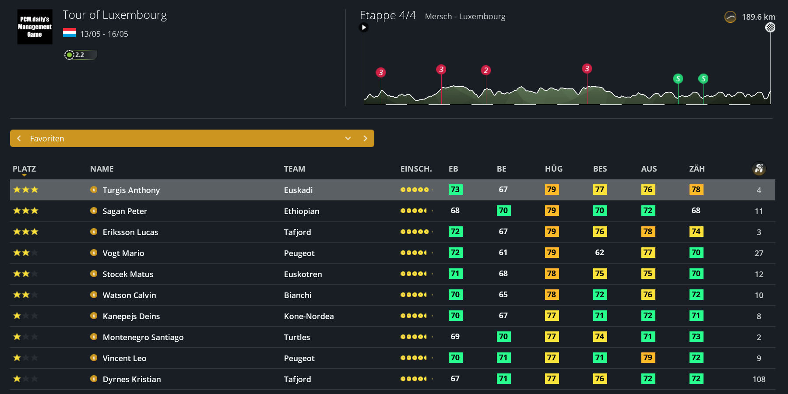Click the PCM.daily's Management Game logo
pos(35,27)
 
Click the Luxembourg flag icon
pos(69,33)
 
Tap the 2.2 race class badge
pos(80,55)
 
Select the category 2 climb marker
pos(485,70)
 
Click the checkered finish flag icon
pos(770,28)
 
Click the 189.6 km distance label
pos(758,17)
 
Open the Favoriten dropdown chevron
pos(348,138)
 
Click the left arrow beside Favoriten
pos(19,138)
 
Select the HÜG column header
pos(553,169)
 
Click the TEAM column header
pos(294,169)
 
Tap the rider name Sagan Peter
pos(125,211)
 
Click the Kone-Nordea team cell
pos(309,316)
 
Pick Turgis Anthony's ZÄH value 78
pos(696,190)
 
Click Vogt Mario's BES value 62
pos(599,253)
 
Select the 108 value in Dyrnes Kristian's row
pos(759,379)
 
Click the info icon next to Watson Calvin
pos(94,295)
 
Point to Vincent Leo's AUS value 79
pos(647,358)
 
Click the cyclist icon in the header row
pos(759,169)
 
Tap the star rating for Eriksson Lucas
pos(26,232)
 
